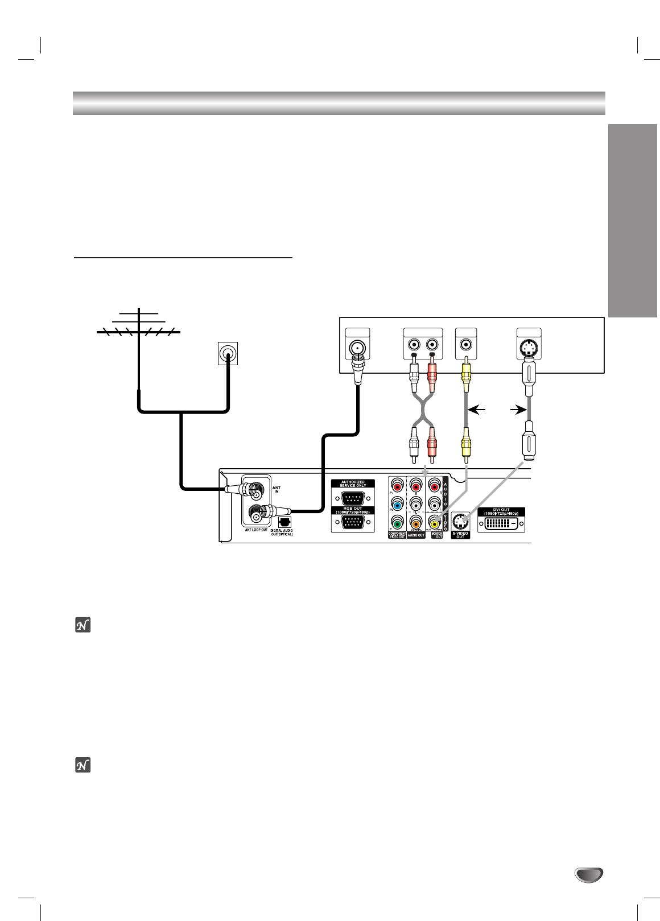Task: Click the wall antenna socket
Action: click(x=228, y=354)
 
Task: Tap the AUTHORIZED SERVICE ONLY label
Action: click(x=353, y=484)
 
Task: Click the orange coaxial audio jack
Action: click(x=416, y=523)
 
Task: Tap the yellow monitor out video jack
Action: click(x=436, y=523)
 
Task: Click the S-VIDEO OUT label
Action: click(x=460, y=534)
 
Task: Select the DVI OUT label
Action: click(x=501, y=511)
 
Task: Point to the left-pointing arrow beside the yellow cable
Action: click(x=480, y=408)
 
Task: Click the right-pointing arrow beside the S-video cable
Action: click(x=517, y=408)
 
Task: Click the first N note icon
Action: click(x=84, y=626)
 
